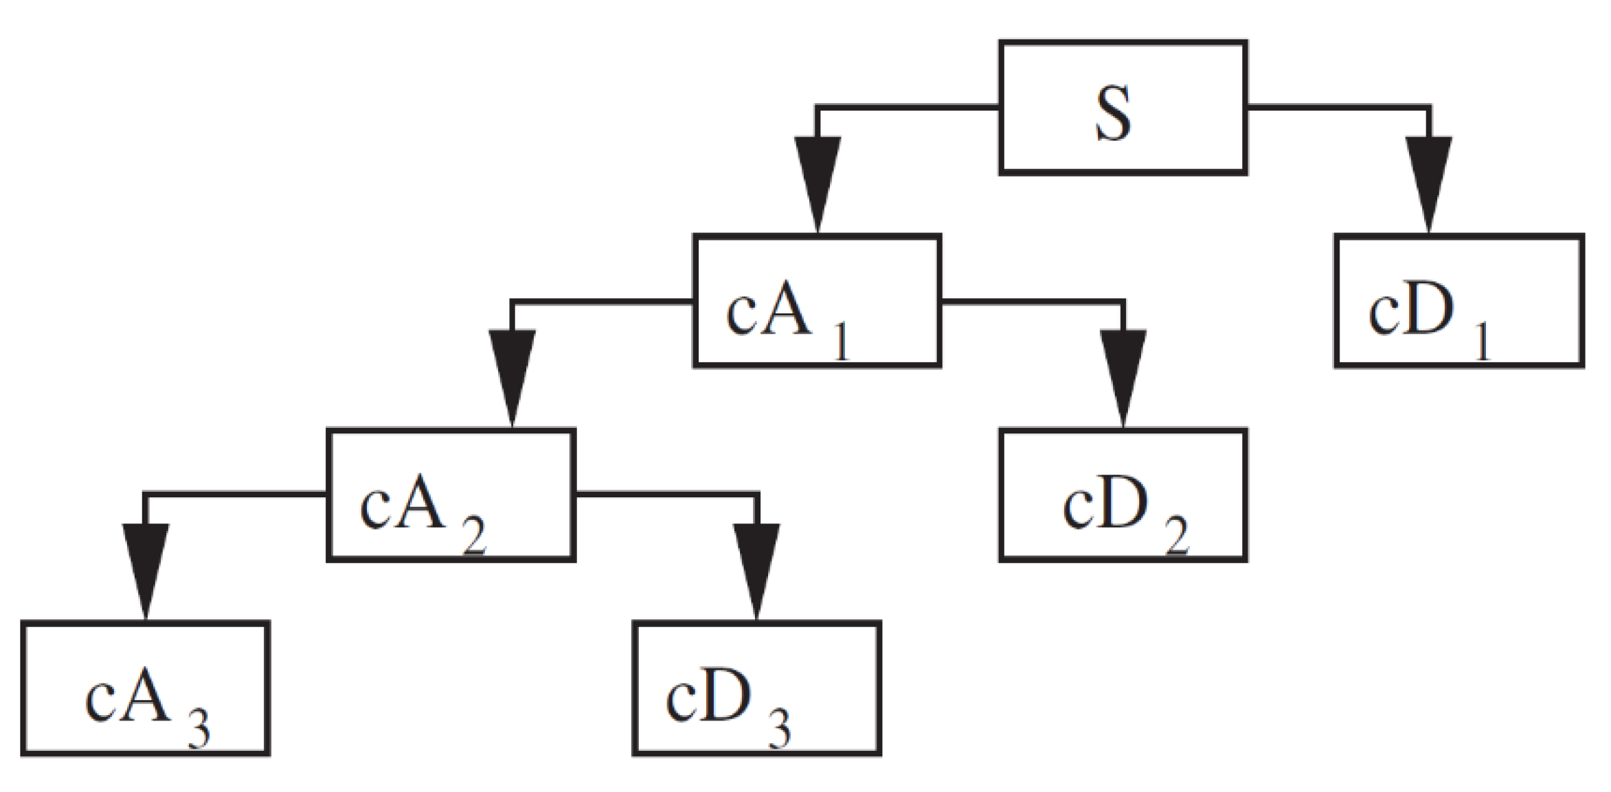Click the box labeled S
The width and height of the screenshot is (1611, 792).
1122,108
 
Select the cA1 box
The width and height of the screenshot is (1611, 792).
816,301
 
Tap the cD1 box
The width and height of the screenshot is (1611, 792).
1458,301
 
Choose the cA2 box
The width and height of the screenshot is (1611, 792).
451,495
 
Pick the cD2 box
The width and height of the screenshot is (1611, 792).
1122,495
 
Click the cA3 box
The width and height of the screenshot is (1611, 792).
145,688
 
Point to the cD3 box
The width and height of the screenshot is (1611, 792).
756,688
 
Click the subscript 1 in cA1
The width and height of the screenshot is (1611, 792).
842,343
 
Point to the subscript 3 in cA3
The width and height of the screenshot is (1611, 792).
199,731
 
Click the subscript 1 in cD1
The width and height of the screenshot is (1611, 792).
1484,343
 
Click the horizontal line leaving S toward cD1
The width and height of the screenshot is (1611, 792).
1336,107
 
